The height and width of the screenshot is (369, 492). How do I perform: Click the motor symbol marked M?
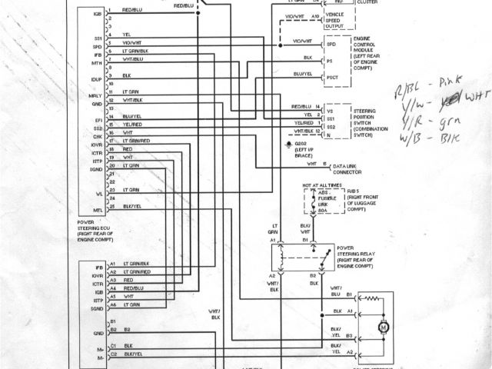click(x=381, y=328)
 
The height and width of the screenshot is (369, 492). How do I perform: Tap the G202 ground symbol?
click(x=288, y=145)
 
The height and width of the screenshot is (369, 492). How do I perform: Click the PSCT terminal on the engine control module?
click(x=332, y=78)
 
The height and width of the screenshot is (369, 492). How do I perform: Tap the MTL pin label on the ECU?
click(x=98, y=210)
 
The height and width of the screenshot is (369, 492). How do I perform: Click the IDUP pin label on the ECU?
click(x=97, y=79)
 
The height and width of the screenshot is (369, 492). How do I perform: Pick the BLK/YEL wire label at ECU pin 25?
click(x=132, y=207)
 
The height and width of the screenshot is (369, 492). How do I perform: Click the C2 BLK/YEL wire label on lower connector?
click(x=134, y=354)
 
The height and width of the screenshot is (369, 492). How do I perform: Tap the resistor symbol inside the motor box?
click(x=373, y=298)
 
